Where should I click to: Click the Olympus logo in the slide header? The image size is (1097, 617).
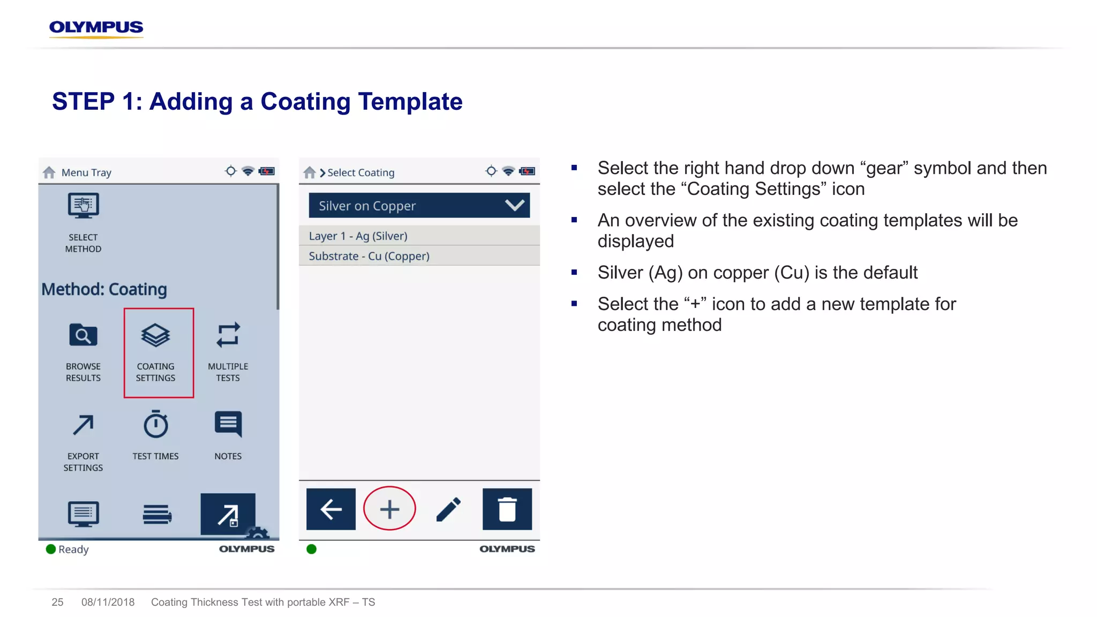[x=96, y=28]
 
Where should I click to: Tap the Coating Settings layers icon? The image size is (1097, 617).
[x=155, y=336]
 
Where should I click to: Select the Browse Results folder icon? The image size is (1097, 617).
[x=83, y=336]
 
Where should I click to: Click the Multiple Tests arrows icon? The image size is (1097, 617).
[x=228, y=336]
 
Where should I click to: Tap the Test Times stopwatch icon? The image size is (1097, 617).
[x=156, y=425]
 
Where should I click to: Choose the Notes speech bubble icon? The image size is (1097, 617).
[x=228, y=424]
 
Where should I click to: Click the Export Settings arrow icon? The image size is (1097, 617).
[x=83, y=425]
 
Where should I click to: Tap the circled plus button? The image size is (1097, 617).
[x=389, y=509]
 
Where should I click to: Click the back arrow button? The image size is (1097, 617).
[x=331, y=509]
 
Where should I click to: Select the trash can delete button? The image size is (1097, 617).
[x=507, y=509]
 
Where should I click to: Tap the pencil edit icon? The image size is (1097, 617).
[x=449, y=509]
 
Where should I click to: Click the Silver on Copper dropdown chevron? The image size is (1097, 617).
[x=514, y=205]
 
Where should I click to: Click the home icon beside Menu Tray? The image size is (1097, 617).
[x=49, y=172]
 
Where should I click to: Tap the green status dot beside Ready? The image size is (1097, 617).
[x=51, y=549]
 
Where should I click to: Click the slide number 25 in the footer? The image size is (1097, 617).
[x=57, y=602]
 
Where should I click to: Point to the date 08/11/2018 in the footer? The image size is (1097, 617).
[x=108, y=602]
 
